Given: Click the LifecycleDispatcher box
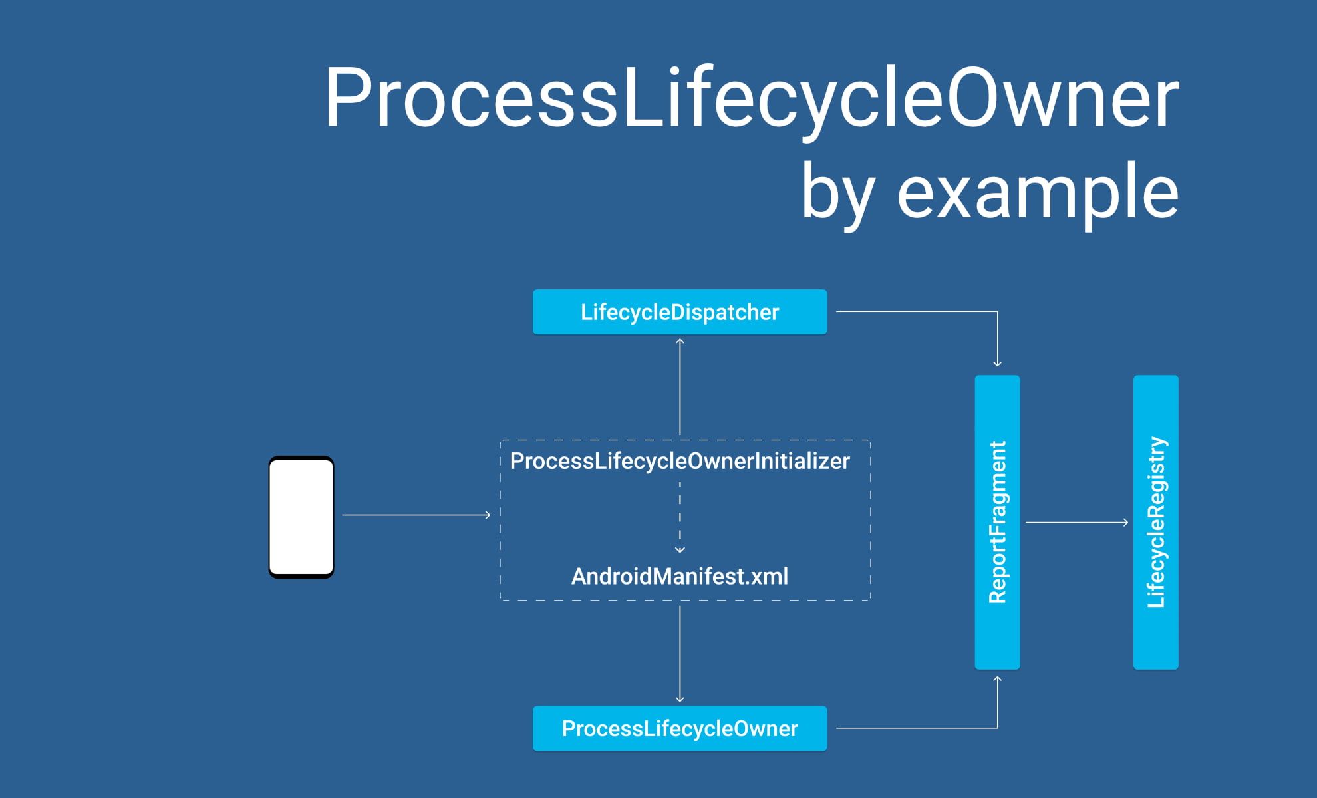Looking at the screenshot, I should click(x=679, y=312).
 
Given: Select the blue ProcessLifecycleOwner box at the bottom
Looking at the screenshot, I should click(x=679, y=728).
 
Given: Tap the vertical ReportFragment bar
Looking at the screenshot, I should click(x=997, y=522).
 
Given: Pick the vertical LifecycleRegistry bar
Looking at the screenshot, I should click(x=1155, y=522).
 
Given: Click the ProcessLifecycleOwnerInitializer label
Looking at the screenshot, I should click(x=679, y=461).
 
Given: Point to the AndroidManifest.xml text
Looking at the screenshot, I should click(x=679, y=576).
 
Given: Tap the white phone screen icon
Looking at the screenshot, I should click(x=301, y=516).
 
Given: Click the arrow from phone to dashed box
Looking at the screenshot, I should click(x=416, y=515).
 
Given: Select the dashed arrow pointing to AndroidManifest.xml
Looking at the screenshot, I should click(x=680, y=519).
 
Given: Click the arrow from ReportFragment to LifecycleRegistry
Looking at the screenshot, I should click(x=1076, y=523).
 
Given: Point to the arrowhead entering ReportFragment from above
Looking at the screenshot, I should click(x=997, y=363).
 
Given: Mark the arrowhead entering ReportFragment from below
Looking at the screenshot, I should click(x=997, y=680).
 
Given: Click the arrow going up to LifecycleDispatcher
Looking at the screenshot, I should click(x=680, y=386).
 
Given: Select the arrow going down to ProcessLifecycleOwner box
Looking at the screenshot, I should click(x=680, y=655).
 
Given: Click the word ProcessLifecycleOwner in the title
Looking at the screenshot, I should click(x=751, y=98).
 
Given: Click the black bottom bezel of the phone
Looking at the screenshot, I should click(x=301, y=576).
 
